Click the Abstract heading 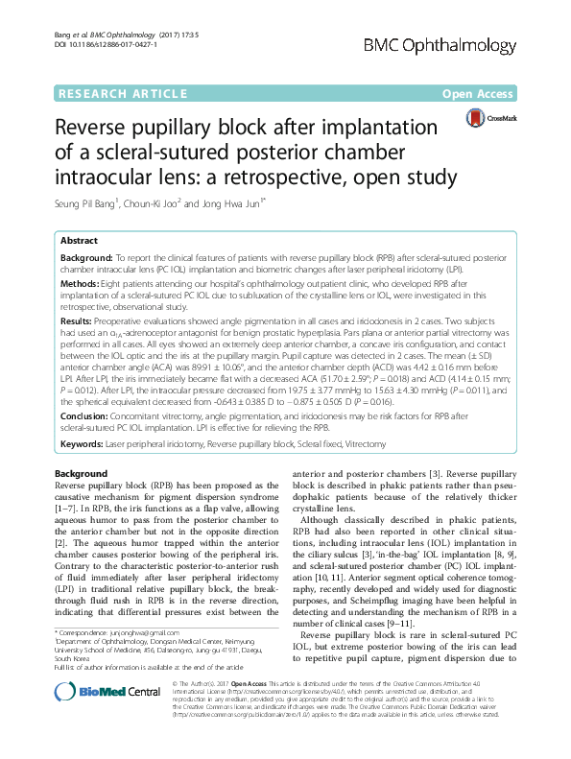tap(79, 240)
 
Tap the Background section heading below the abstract tap(81, 475)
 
